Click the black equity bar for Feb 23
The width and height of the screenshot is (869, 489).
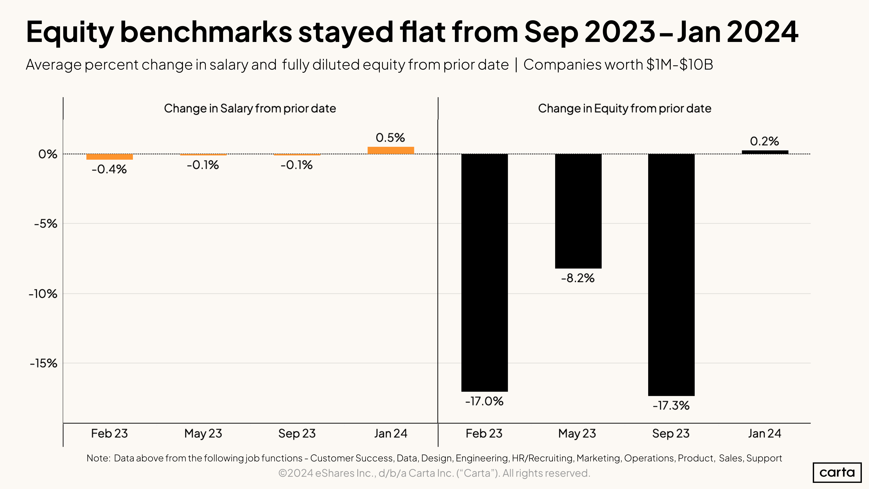coord(484,273)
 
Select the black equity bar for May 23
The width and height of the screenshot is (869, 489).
coord(578,211)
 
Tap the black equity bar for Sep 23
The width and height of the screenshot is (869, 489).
coord(671,275)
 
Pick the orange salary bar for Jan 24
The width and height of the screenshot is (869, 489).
coord(391,151)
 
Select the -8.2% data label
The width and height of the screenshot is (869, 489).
coord(578,278)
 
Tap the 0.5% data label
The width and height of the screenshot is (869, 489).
coord(390,138)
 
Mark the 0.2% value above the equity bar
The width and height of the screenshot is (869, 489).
coord(764,141)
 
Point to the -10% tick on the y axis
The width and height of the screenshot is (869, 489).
coord(43,294)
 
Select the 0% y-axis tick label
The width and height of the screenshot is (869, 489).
coord(48,154)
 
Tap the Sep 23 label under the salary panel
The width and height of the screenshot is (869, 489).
coord(297,433)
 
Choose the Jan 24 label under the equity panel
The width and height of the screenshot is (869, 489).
coord(764,433)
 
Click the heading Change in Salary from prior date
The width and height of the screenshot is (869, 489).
coord(250,108)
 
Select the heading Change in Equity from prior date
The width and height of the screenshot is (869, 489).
coord(624,108)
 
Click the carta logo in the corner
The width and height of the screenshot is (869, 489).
coord(837,472)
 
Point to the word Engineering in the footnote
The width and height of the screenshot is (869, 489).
coord(482,458)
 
